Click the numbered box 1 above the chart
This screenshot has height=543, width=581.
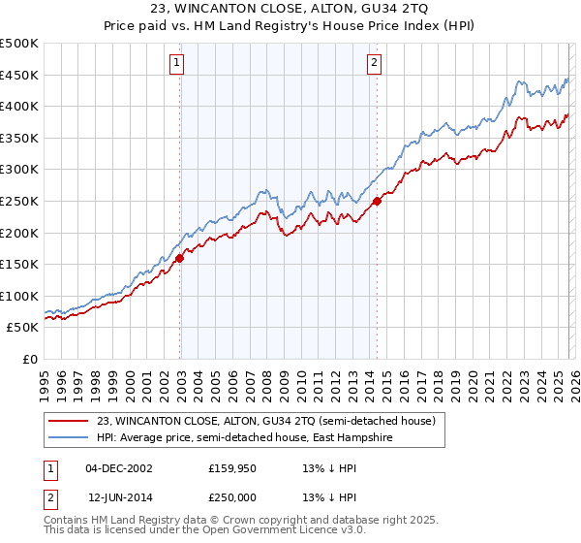coord(178,64)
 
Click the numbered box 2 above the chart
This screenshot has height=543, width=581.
coord(374,64)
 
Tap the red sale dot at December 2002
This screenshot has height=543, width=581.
coord(180,259)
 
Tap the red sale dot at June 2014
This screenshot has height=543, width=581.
coord(377,202)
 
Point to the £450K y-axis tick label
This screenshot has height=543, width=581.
coord(19,75)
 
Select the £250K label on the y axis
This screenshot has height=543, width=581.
coord(19,201)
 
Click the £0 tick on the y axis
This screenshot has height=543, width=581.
coord(30,359)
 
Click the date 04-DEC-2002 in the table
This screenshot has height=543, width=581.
coord(118,467)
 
